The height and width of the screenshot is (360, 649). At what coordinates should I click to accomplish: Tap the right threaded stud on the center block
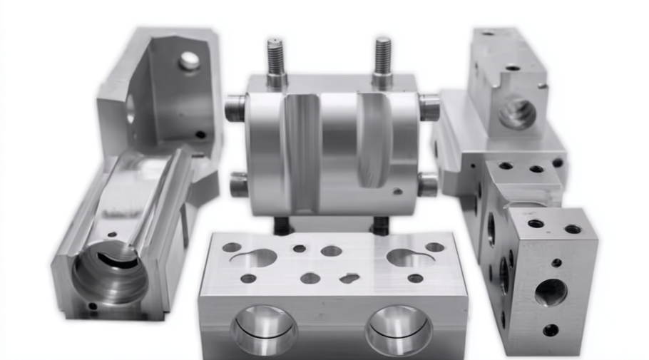click(382, 61)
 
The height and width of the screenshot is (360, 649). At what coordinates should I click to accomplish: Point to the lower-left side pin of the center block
click(239, 185)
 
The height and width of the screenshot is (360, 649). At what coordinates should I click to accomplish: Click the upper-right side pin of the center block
click(429, 108)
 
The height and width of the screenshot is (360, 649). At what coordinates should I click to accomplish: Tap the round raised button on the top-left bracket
click(189, 61)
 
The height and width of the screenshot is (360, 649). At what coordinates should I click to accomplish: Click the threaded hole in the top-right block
click(517, 113)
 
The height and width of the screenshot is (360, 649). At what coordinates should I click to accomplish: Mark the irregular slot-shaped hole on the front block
click(349, 277)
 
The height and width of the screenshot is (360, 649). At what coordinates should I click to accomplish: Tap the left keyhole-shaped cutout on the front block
click(255, 257)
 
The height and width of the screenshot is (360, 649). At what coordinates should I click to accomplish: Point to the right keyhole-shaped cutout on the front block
click(407, 257)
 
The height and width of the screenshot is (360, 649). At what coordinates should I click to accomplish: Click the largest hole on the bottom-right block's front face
click(551, 292)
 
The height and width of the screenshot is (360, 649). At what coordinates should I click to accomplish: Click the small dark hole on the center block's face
click(398, 190)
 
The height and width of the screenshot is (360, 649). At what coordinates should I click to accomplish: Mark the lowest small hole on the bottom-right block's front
click(551, 330)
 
